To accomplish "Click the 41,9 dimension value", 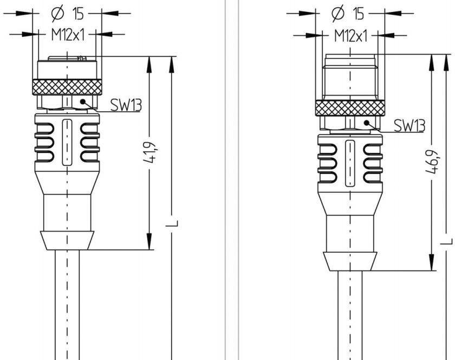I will (149, 152).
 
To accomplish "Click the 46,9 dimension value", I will (433, 161).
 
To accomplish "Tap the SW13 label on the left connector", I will (126, 105).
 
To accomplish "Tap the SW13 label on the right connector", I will (409, 126).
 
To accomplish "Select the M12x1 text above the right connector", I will (350, 36).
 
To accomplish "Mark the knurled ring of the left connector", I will (66, 86).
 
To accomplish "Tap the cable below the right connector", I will (349, 320).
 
